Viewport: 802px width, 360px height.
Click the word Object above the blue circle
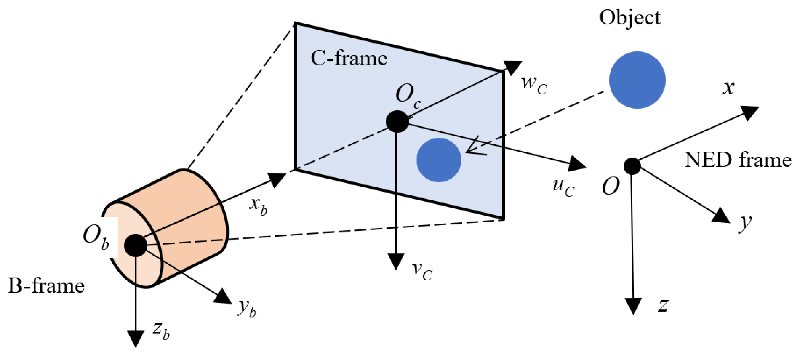[x=630, y=18]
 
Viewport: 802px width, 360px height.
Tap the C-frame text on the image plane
[x=349, y=58]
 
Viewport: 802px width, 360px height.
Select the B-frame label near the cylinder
[x=46, y=285]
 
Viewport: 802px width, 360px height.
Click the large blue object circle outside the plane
[x=637, y=80]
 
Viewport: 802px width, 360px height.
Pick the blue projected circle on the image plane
[x=439, y=160]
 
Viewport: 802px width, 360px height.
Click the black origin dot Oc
[x=397, y=121]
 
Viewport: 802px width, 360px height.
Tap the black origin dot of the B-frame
[x=135, y=245]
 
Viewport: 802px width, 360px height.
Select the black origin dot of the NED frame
[x=632, y=166]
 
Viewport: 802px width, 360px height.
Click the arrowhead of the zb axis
[x=136, y=338]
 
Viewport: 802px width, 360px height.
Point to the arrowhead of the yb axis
[x=224, y=297]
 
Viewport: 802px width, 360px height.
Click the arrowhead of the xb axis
[x=277, y=179]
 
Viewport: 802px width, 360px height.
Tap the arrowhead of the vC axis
[x=396, y=261]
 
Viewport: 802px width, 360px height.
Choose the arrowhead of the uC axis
[x=576, y=164]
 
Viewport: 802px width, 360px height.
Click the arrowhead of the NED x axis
[x=750, y=112]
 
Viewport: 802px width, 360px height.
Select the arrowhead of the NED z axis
[x=633, y=306]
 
